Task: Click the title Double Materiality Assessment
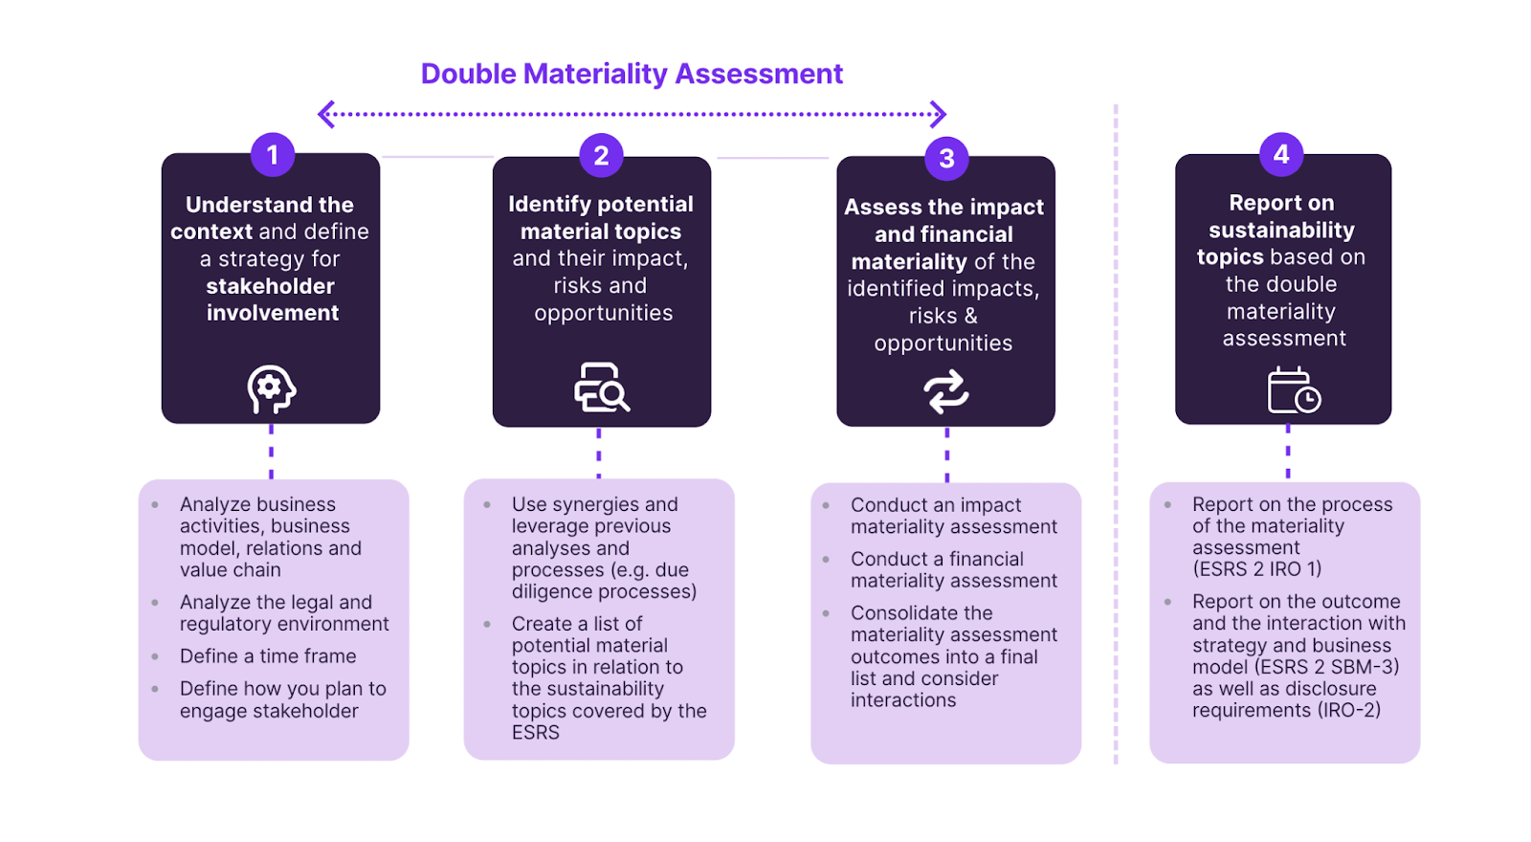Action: click(632, 74)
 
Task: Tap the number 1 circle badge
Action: click(273, 154)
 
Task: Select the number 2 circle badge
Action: click(601, 155)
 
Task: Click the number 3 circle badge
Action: click(946, 158)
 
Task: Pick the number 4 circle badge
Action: click(1281, 153)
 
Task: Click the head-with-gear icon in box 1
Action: click(271, 389)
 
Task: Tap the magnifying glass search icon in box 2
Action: click(602, 388)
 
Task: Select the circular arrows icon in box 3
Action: click(945, 391)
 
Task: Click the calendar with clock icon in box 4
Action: click(1293, 390)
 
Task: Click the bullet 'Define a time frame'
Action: click(268, 656)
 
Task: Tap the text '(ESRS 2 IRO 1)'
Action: click(1256, 569)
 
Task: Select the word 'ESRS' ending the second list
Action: click(536, 733)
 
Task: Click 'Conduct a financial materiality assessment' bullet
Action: click(953, 569)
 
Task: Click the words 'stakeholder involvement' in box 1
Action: click(272, 299)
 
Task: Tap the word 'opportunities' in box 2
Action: click(603, 313)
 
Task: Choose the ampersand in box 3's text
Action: click(970, 316)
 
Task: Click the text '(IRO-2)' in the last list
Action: click(1348, 710)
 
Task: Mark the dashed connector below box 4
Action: click(1288, 453)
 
